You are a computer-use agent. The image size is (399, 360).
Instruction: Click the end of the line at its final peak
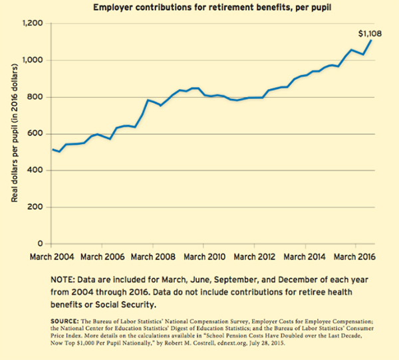pyautogui.click(x=371, y=41)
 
